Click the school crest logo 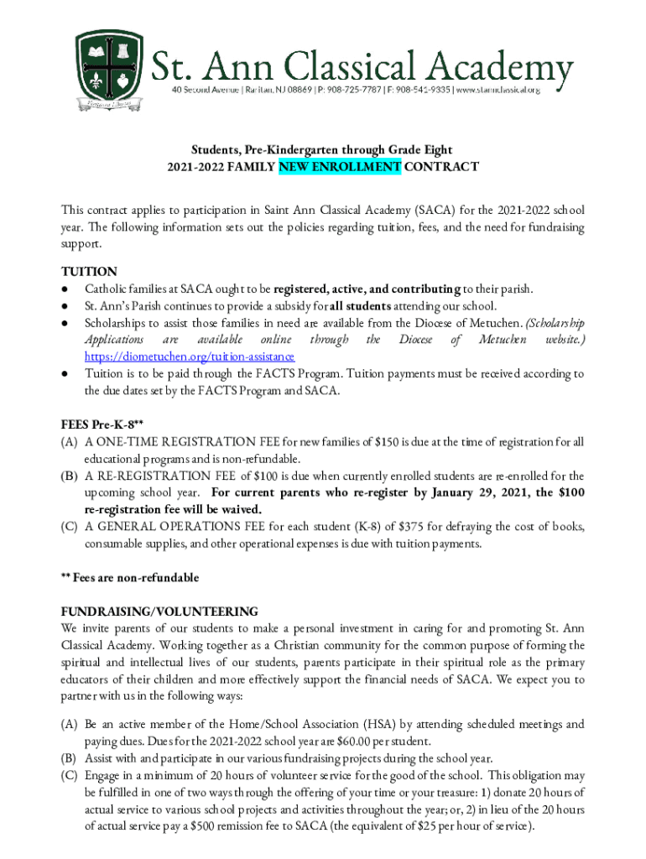tap(112, 70)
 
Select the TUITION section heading tap(89, 272)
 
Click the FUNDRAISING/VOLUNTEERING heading tap(159, 612)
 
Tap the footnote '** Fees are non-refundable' tap(130, 578)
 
